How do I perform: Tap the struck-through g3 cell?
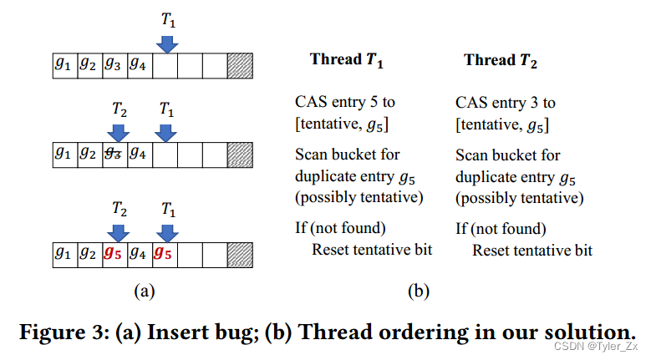tap(115, 154)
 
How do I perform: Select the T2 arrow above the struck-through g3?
tap(118, 132)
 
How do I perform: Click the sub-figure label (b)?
tap(418, 292)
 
